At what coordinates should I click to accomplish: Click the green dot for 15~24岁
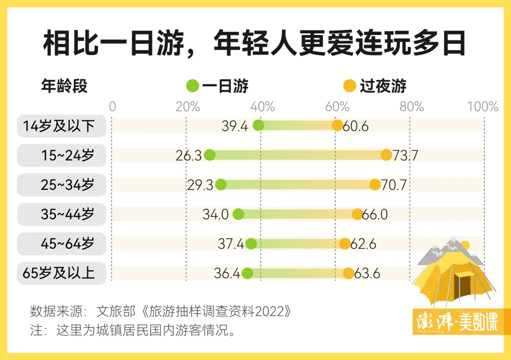210,155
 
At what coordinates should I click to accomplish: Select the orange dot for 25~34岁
375,184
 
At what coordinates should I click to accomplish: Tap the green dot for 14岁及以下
258,125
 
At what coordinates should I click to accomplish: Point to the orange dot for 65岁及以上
348,273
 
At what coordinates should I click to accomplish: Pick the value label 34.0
216,215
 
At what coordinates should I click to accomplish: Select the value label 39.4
235,126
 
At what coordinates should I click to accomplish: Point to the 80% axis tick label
412,106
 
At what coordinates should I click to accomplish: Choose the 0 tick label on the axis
112,106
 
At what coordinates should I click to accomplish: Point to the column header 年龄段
64,86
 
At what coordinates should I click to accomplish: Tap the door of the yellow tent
465,290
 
